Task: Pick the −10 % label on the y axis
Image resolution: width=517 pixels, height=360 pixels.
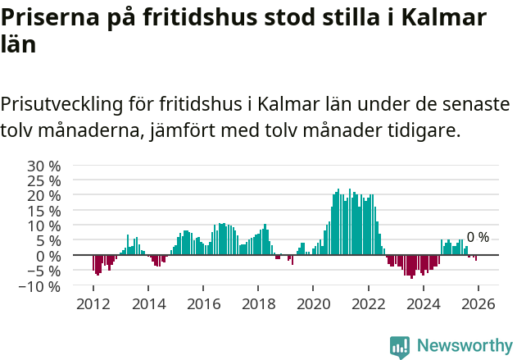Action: (41, 286)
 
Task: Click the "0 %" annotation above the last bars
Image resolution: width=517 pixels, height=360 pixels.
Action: (478, 238)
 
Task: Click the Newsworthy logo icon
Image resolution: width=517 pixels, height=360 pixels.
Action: (400, 347)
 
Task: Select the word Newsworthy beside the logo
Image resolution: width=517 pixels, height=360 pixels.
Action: (465, 346)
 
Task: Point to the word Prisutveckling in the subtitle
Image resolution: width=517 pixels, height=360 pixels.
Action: (61, 105)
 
